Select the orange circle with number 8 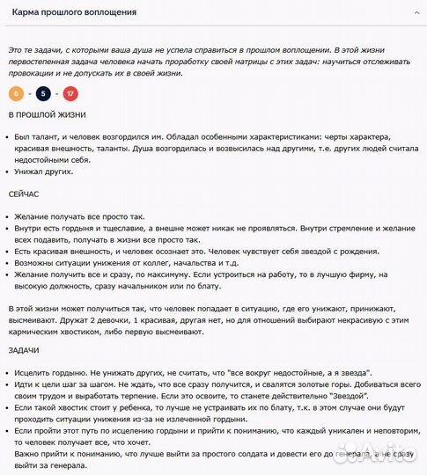[17, 94]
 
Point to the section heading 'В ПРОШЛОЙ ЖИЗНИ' [47, 116]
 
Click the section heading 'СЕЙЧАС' [26, 194]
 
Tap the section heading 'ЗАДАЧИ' [25, 350]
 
